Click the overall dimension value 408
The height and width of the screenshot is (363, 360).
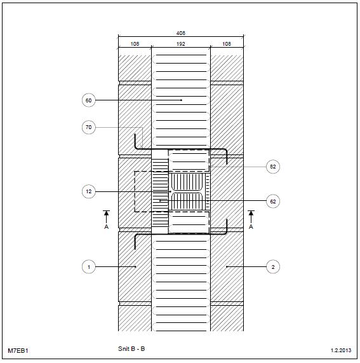pos(180,33)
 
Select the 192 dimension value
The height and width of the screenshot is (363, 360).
pos(180,44)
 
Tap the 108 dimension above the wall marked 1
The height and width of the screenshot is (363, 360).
pos(135,44)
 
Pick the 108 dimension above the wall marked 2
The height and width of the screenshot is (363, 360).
pos(227,44)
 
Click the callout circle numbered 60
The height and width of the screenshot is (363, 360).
pos(88,100)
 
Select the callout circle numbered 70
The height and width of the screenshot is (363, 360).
pos(88,127)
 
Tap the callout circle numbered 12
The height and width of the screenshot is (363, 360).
pos(88,191)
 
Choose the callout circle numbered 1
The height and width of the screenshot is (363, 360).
pos(88,267)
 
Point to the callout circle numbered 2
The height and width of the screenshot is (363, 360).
pos(273,267)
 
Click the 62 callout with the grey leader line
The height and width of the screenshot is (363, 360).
pos(273,167)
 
